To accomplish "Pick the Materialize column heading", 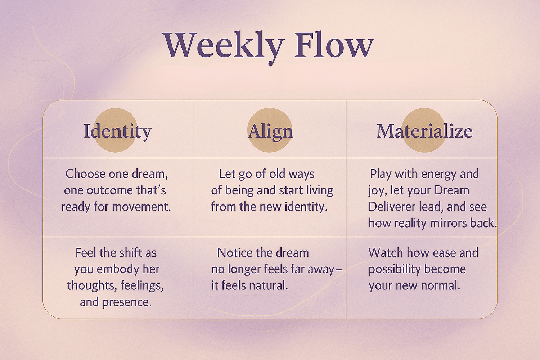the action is [424, 131].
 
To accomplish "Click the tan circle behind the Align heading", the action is [270, 130].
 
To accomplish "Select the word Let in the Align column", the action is [227, 174].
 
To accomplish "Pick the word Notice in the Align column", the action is [234, 253].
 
